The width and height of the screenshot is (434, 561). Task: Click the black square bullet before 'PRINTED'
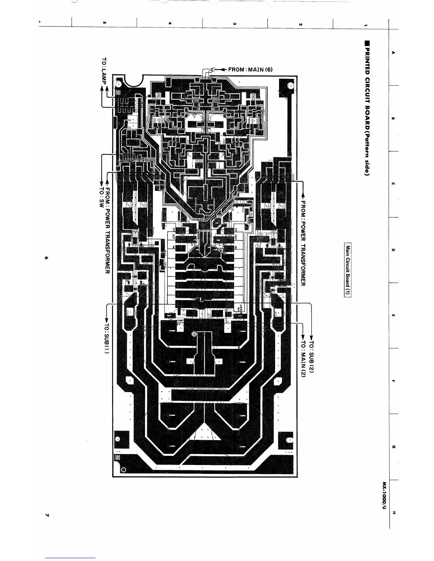[x=368, y=44]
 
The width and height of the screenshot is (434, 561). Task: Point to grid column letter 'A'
[x=393, y=52]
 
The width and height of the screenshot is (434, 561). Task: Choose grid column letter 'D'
[x=393, y=250]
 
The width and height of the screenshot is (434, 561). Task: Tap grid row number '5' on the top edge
[x=104, y=24]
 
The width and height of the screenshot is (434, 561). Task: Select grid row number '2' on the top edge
[x=300, y=24]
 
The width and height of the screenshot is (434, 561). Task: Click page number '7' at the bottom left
[x=46, y=514]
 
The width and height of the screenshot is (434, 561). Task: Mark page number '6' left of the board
[x=46, y=257]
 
